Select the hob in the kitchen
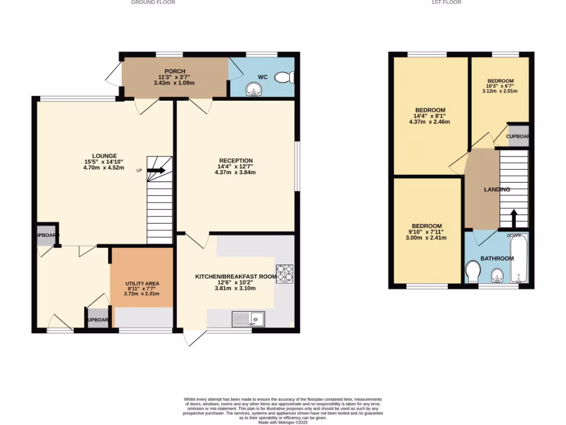coord(284,274)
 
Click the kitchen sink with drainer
coord(248,318)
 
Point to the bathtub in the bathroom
coord(518,259)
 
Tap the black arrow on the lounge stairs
coord(156,170)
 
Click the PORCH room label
coord(175,71)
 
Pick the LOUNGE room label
coord(104,156)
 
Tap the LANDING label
coord(497,189)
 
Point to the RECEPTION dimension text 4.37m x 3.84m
coord(235,172)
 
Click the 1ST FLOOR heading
coord(446,3)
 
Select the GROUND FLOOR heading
coord(153,3)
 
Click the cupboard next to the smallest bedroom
coord(518,136)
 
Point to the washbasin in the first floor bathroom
coord(497,274)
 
